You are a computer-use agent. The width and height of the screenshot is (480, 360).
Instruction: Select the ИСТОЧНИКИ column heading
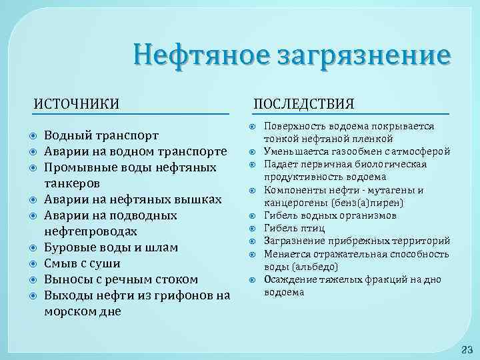click(x=77, y=103)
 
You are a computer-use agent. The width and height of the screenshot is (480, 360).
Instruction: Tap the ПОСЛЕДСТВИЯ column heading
click(x=304, y=103)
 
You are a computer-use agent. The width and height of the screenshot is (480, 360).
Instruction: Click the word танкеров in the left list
click(x=72, y=183)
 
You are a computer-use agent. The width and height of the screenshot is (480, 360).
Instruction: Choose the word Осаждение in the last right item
click(x=292, y=280)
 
